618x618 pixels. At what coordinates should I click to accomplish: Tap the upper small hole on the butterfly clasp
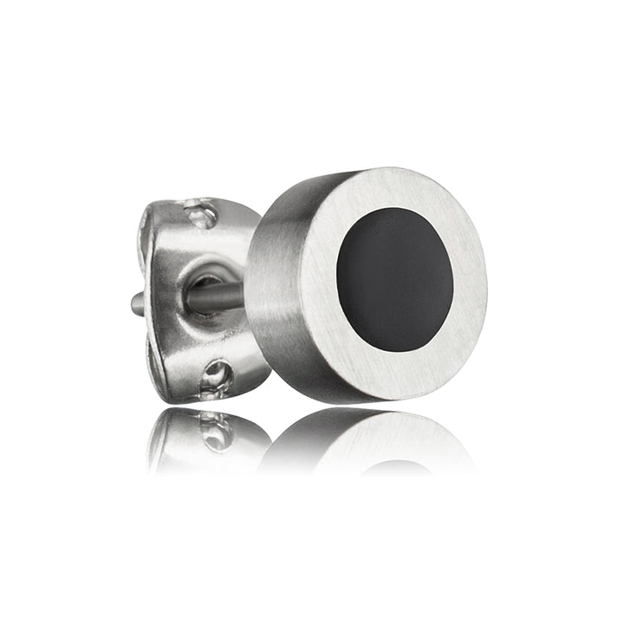coord(198,211)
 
